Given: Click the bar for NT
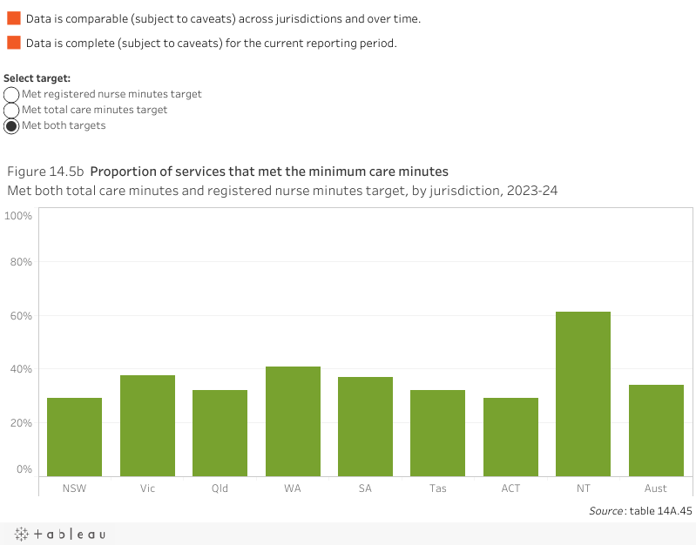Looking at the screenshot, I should point(583,393).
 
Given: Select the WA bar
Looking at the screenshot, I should point(293,421).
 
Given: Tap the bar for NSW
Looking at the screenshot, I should point(74,436).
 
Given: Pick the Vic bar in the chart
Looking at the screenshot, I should point(147,425).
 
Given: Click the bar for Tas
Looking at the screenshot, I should point(437,432).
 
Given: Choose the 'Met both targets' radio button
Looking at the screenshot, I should point(11,125).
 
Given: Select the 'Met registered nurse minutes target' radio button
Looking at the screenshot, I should point(11,94).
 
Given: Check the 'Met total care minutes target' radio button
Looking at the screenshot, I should point(11,110).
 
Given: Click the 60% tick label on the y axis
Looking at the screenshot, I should point(21,316).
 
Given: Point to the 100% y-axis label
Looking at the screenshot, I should point(18,215).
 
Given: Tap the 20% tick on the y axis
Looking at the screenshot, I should point(21,423).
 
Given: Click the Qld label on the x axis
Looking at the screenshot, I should point(220,488).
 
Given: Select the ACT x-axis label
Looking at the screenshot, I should point(510,488).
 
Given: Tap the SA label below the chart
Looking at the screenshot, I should point(365,488).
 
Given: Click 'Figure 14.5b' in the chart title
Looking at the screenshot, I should point(45,172).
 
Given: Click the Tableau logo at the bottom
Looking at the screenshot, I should point(59,534).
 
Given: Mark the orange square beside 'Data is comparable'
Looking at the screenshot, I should point(14,18).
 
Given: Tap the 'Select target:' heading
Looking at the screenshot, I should point(37,78).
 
